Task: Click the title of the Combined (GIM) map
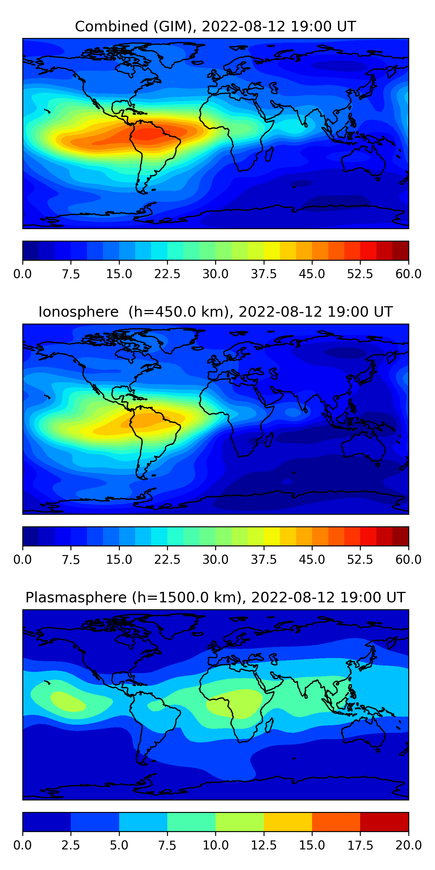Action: (215, 26)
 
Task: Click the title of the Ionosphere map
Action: (215, 312)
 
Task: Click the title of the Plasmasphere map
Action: (215, 597)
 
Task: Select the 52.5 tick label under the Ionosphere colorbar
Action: (360, 560)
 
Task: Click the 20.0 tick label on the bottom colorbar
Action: (408, 845)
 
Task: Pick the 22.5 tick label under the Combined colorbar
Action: (167, 274)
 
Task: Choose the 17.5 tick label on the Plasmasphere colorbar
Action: (360, 845)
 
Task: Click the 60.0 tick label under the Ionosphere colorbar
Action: (408, 560)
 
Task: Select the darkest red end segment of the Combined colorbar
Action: (400, 251)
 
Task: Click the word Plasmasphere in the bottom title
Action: (76, 597)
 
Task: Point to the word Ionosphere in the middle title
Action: (78, 312)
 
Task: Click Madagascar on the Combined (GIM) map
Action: (269, 154)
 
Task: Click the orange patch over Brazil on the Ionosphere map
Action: (148, 420)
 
